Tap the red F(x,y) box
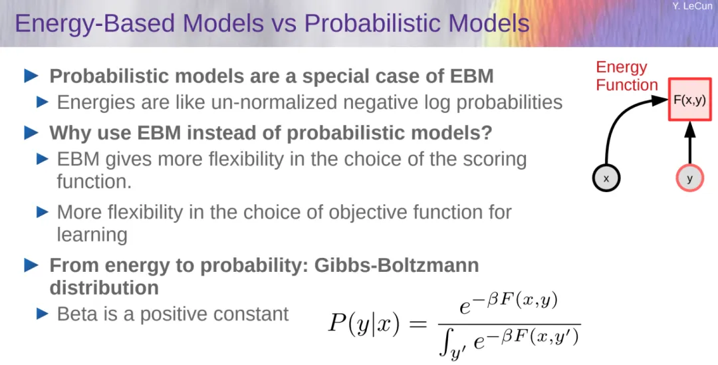pos(689,99)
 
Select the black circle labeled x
pos(606,178)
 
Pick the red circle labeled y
pos(689,178)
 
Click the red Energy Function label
pos(626,76)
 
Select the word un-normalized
pos(274,102)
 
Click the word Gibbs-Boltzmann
pos(396,265)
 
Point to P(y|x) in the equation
pos(364,324)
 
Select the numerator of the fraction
pos(509,304)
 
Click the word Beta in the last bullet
pos(76,314)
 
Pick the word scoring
pos(493,160)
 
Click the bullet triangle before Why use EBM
pos(31,133)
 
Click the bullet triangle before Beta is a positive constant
pos(42,314)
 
